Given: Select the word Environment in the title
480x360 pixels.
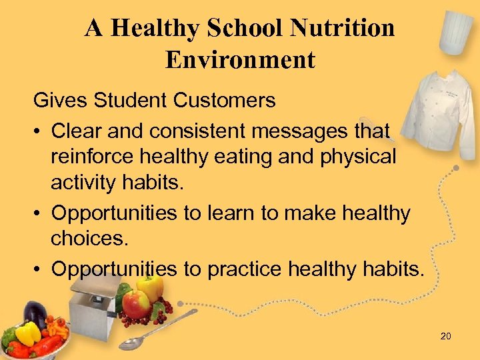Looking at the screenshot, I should (240, 59).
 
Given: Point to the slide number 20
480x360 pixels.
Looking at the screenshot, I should (445, 336).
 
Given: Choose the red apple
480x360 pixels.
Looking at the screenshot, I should (136, 304).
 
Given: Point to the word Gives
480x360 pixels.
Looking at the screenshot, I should (59, 101).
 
